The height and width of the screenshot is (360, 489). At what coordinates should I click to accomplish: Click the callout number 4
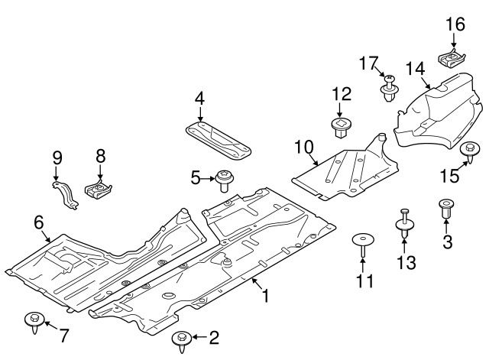pyautogui.click(x=199, y=98)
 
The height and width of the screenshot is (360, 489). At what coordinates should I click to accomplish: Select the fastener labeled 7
pyautogui.click(x=35, y=319)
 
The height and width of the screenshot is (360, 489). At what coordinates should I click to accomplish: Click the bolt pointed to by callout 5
pyautogui.click(x=225, y=180)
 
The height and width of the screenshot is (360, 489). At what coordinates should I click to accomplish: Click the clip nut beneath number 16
pyautogui.click(x=451, y=57)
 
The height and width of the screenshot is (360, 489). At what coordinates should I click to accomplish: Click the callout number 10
pyautogui.click(x=303, y=145)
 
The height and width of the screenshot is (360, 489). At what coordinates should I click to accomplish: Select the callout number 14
pyautogui.click(x=415, y=68)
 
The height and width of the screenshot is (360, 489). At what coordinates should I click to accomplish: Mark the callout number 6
pyautogui.click(x=38, y=222)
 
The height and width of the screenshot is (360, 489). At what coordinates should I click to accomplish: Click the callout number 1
pyautogui.click(x=265, y=294)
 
